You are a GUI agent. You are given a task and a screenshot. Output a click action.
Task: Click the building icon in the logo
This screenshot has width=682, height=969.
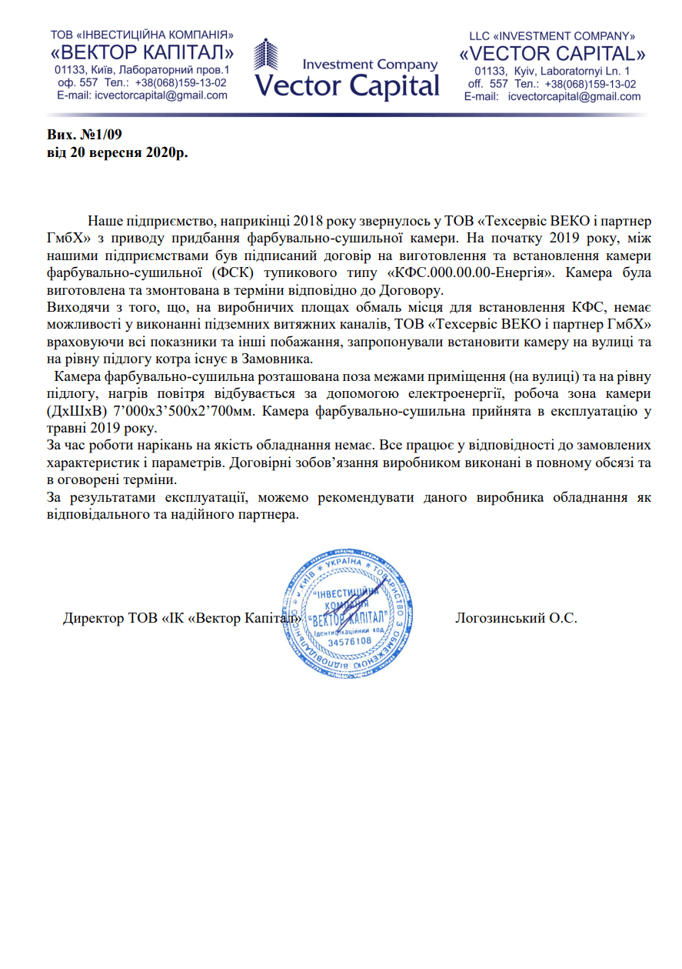coord(266,65)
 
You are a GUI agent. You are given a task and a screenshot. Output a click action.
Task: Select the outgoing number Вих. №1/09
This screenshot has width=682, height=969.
coord(85,134)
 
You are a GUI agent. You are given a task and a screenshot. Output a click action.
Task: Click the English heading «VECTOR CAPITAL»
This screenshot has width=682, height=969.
coord(552,54)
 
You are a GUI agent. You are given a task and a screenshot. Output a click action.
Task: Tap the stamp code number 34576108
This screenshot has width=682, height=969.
coord(349,640)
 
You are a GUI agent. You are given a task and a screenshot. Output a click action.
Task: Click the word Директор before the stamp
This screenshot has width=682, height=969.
coord(92,618)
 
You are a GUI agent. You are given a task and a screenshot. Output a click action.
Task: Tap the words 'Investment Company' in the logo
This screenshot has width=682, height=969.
coord(370,65)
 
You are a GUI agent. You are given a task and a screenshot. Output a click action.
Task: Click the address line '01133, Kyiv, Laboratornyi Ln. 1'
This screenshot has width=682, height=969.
coord(552,71)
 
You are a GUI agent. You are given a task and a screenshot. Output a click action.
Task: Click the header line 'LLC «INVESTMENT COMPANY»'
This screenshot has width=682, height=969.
coord(552,36)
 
